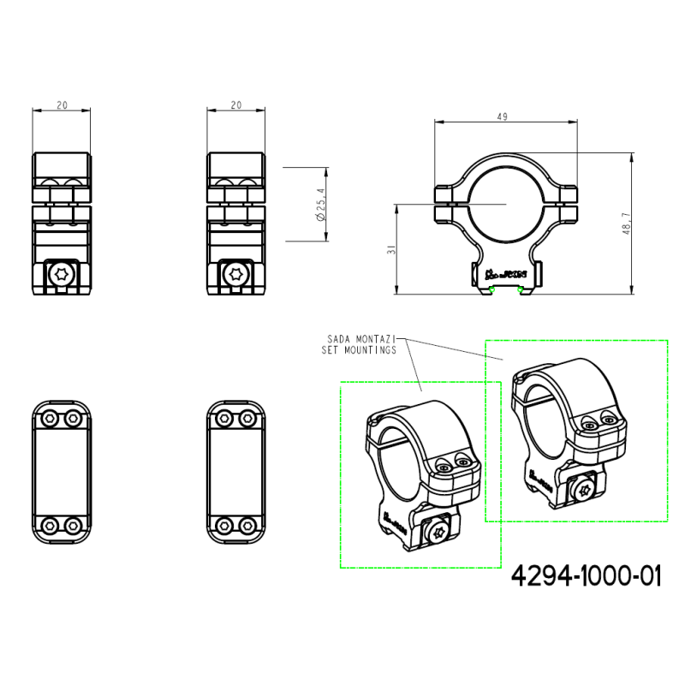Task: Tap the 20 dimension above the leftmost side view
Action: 62,104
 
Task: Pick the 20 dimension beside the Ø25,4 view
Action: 235,104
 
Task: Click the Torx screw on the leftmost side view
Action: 62,274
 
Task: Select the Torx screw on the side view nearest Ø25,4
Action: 235,274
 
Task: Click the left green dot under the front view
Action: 492,289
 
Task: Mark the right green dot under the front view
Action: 521,289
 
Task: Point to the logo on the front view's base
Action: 504,275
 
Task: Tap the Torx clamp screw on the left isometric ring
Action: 438,530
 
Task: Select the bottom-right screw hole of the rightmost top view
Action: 247,524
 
